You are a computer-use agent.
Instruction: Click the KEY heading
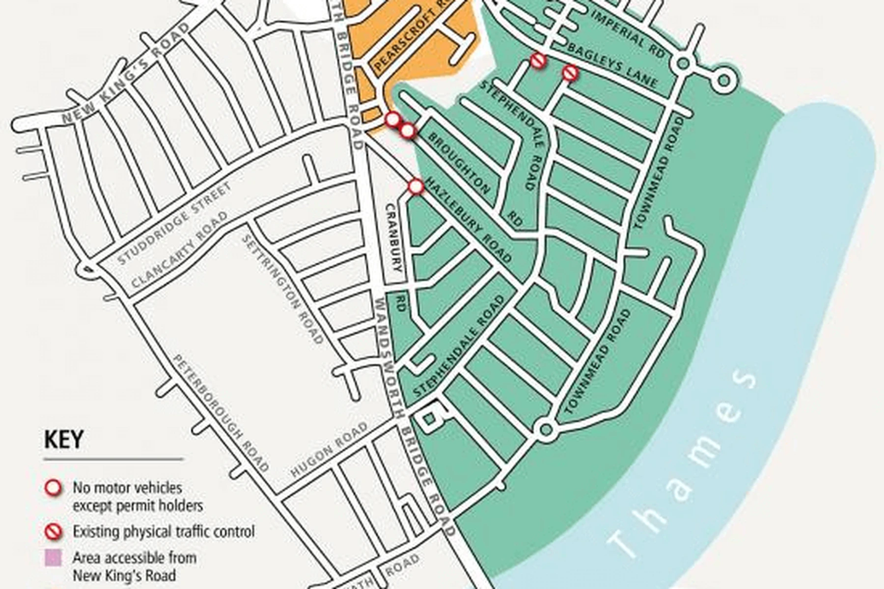click(x=64, y=440)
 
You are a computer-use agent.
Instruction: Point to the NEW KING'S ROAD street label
click(x=126, y=74)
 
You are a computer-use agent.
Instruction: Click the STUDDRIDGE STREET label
click(x=174, y=224)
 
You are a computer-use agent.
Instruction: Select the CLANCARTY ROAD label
click(x=180, y=250)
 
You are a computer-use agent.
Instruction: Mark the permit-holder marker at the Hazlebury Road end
click(x=416, y=187)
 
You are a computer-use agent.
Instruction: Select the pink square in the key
click(x=53, y=558)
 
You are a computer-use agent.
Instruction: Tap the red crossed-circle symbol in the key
click(x=53, y=531)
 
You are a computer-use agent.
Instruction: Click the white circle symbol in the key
click(x=53, y=488)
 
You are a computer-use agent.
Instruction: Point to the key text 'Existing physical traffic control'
click(x=164, y=531)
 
